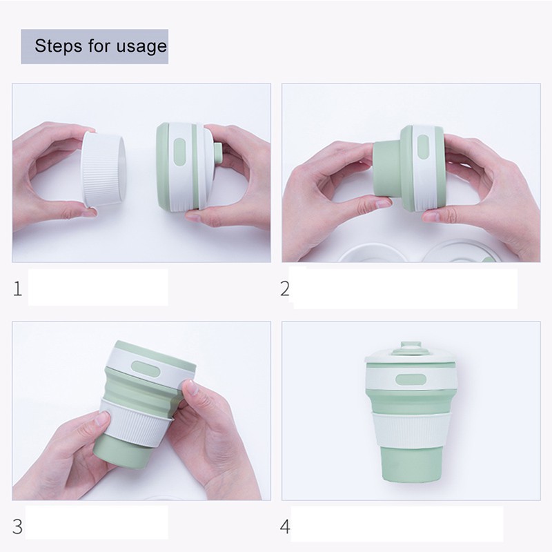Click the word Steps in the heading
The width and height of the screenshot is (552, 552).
58,46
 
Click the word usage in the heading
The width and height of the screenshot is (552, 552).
141,47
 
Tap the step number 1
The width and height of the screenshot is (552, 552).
17,289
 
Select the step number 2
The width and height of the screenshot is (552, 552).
285,288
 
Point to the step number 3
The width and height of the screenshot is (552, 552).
17,526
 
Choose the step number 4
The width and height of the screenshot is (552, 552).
285,526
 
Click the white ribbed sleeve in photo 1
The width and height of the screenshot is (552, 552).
103,170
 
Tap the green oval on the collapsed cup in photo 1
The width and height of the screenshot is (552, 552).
179,151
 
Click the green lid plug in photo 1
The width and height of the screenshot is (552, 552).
218,154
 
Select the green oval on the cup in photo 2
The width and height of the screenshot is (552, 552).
423,146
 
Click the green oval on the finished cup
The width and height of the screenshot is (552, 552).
411,379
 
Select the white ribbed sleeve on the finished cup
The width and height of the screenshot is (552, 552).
411,430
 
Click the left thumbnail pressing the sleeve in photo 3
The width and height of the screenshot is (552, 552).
102,419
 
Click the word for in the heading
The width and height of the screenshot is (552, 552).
99,46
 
